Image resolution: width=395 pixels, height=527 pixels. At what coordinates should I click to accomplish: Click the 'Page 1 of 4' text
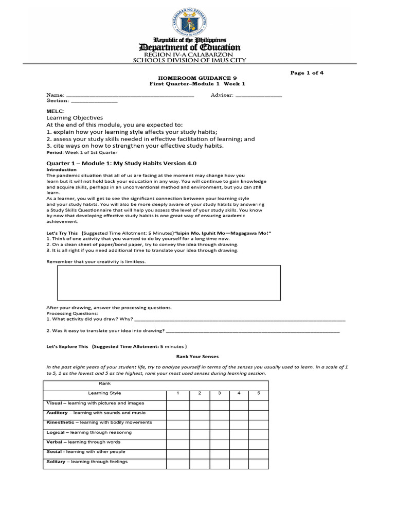[x=307, y=73]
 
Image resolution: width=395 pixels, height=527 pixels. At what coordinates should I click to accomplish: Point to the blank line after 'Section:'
[x=94, y=101]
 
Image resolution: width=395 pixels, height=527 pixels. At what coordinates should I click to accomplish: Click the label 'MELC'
[x=55, y=111]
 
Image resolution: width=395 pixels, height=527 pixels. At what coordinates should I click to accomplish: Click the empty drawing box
[x=168, y=283]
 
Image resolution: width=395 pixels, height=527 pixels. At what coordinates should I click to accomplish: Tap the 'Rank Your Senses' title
[x=197, y=356]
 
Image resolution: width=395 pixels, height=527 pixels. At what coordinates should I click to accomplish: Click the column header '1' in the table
[x=177, y=393]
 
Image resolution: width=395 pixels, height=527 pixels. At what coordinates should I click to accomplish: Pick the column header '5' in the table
[x=259, y=393]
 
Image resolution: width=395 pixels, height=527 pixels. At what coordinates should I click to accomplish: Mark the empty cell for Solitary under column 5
[x=259, y=463]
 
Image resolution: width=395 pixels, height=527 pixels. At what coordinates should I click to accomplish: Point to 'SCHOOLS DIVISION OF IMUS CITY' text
[x=190, y=60]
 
